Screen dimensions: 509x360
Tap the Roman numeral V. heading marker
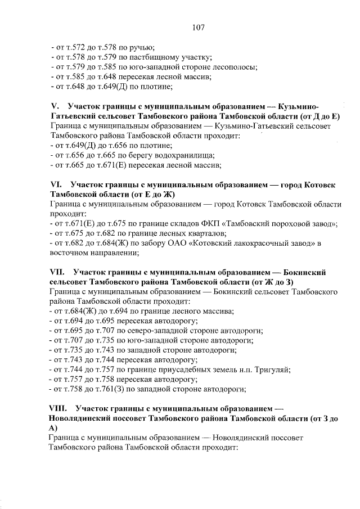tap(55, 107)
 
